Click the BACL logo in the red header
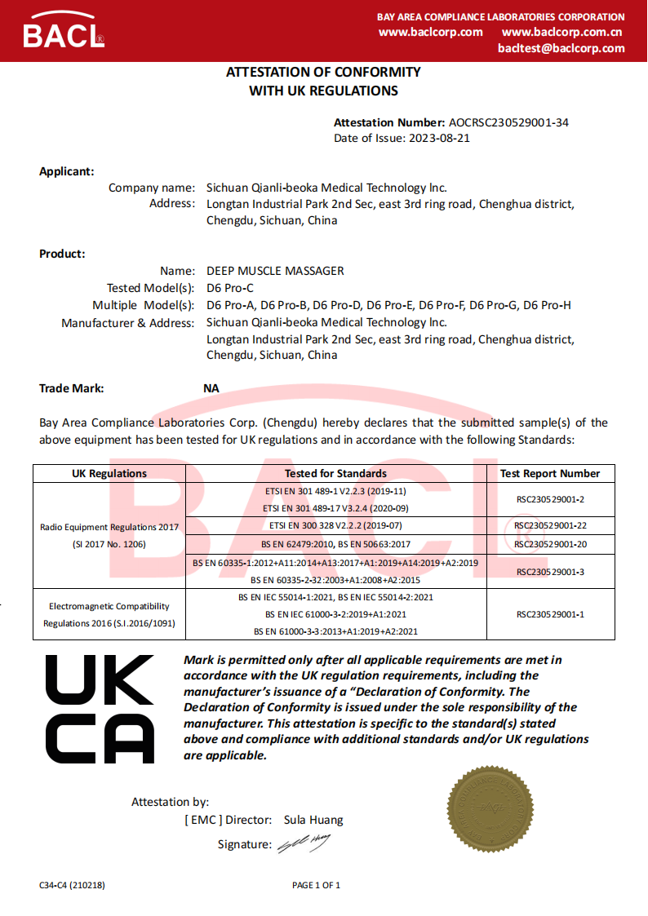tap(64, 33)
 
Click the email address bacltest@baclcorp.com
tap(561, 48)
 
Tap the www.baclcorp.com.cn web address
tap(562, 32)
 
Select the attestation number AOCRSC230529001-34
tap(508, 122)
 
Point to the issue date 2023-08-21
tap(439, 138)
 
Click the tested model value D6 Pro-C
tap(230, 288)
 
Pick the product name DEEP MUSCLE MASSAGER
tap(275, 271)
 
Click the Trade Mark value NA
tap(211, 388)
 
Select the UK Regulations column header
tap(109, 473)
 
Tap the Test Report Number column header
tap(550, 473)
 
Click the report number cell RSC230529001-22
tap(550, 525)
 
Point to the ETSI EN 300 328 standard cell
tap(335, 525)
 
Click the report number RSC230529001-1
tap(550, 614)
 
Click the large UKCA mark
tap(100, 709)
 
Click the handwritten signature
tap(304, 843)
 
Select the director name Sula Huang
tap(313, 820)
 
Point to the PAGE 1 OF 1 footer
tap(316, 885)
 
